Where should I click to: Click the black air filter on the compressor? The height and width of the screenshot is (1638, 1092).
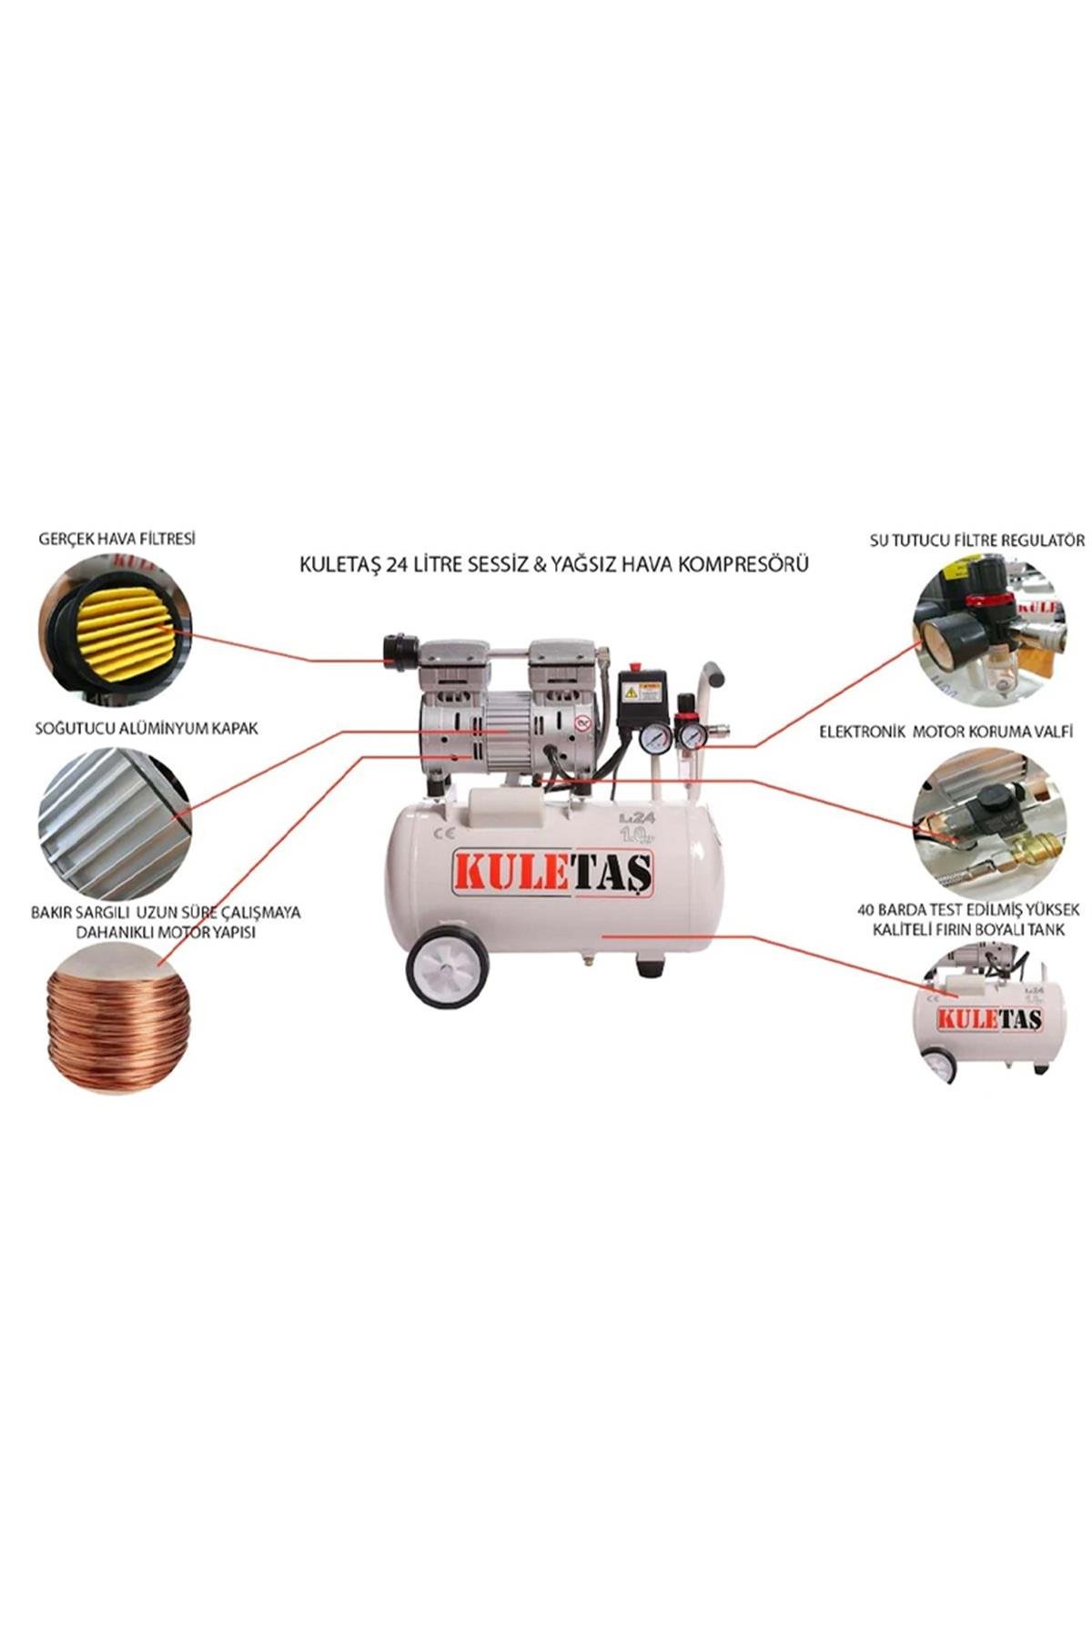coord(399,648)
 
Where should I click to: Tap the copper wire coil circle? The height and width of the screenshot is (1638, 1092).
coord(117,1017)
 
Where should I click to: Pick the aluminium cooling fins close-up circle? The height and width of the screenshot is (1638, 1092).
coord(114,824)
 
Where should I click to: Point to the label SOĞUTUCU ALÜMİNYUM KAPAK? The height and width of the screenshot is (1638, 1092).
coord(147,728)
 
